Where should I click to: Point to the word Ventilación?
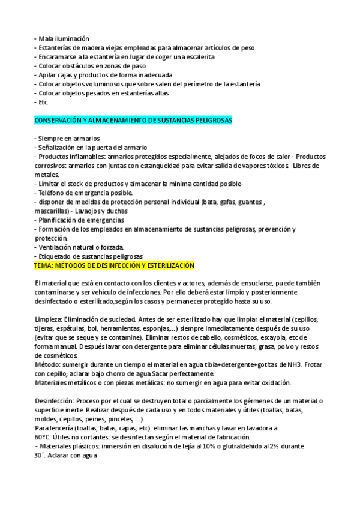(x=56, y=247)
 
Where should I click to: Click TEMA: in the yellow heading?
(x=44, y=265)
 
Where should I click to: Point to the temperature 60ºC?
(x=43, y=437)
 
